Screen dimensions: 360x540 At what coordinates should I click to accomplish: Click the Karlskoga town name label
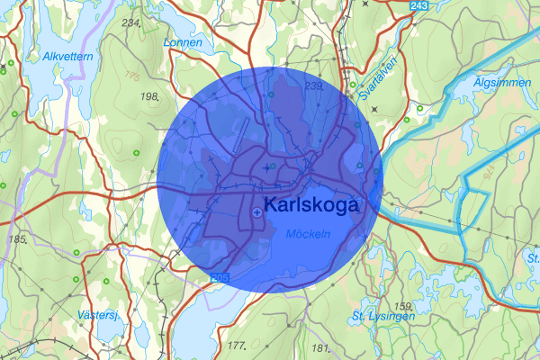(312, 205)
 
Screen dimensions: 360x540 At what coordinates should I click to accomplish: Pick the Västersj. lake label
(99, 315)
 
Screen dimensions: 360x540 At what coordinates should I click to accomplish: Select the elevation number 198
(149, 95)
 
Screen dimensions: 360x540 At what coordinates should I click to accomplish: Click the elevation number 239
(314, 85)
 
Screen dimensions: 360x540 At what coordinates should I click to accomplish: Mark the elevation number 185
(15, 239)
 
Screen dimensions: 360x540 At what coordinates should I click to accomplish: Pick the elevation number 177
(237, 346)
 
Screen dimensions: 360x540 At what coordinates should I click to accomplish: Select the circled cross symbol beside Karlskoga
(258, 211)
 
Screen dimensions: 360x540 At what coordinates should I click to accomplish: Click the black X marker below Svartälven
(373, 109)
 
